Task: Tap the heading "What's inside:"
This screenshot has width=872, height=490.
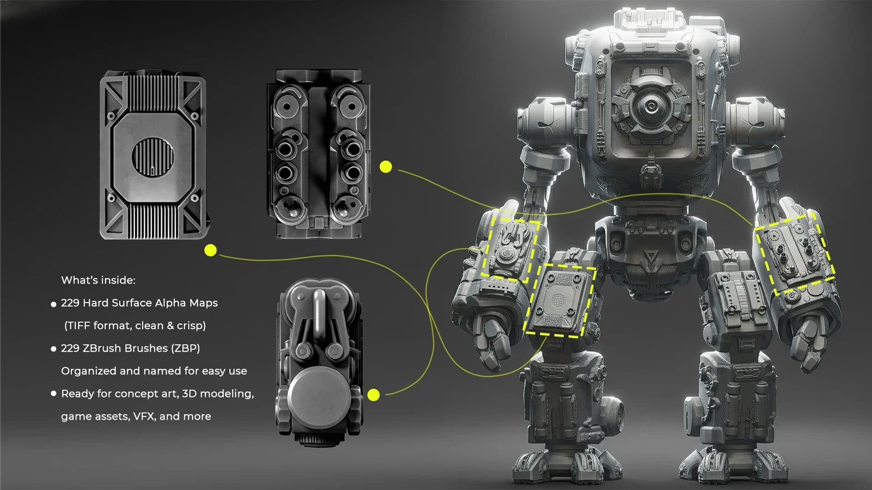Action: (x=98, y=280)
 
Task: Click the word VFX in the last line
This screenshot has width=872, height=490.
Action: (x=144, y=416)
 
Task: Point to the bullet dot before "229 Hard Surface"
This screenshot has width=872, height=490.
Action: (x=54, y=304)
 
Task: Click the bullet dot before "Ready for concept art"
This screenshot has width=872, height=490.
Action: (x=54, y=393)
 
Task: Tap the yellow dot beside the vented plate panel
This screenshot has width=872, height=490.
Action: (x=211, y=250)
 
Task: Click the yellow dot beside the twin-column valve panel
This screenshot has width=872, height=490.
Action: (x=386, y=167)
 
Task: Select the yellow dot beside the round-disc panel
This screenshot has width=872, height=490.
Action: (x=373, y=395)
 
